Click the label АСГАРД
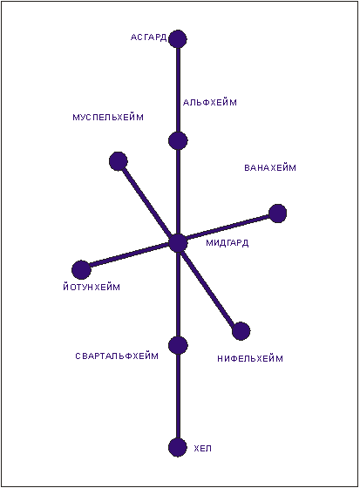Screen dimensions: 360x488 [x=148, y=37]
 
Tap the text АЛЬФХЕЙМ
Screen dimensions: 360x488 [x=210, y=103]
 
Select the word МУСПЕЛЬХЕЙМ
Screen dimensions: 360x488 [x=108, y=118]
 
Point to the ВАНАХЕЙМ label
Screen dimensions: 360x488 [x=270, y=167]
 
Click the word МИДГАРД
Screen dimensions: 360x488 [x=228, y=243]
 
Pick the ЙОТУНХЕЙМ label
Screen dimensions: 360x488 [x=92, y=287]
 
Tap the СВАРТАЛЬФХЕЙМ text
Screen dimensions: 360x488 [x=117, y=356]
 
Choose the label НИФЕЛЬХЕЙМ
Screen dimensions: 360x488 [x=250, y=358]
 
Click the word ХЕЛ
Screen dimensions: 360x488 [x=203, y=449]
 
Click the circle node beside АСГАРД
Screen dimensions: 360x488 [x=178, y=39]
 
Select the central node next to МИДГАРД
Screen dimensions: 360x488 [x=178, y=243]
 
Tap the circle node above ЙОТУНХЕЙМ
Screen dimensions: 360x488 [x=81, y=269]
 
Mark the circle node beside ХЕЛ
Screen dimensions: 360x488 [x=178, y=447]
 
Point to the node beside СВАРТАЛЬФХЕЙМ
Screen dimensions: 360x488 [x=178, y=345]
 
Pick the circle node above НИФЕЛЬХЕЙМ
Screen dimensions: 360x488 [x=241, y=331]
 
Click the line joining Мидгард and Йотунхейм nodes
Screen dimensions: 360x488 [x=130, y=256]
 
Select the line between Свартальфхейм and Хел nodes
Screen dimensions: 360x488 [x=178, y=396]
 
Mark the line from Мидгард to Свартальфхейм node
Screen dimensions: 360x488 [x=178, y=294]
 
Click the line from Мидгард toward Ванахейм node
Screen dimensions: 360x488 [x=228, y=228]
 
